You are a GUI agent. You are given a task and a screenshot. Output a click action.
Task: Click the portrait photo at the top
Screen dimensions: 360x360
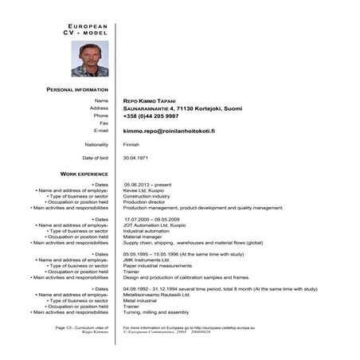point(89,59)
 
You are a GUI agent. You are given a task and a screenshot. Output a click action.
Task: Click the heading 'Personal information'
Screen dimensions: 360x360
point(77,90)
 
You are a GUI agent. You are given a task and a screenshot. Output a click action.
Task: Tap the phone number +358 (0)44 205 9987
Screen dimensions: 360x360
point(151,115)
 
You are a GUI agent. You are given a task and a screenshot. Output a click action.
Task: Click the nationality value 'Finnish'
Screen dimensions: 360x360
point(131,144)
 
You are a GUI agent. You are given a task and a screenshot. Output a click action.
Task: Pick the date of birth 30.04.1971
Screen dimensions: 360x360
point(135,158)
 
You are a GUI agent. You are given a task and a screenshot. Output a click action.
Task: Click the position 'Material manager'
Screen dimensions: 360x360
point(144,237)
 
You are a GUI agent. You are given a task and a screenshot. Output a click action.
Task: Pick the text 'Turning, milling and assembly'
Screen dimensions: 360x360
point(156,312)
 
